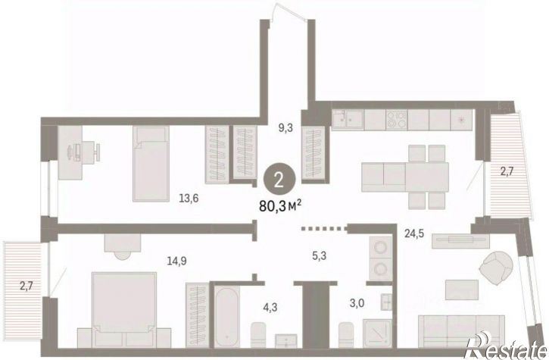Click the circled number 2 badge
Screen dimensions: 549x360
pyautogui.click(x=279, y=180)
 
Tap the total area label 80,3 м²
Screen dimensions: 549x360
pyautogui.click(x=280, y=206)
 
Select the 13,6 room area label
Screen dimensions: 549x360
pyautogui.click(x=189, y=199)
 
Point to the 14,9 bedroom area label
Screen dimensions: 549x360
pyautogui.click(x=176, y=261)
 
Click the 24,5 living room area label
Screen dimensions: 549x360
pyautogui.click(x=414, y=233)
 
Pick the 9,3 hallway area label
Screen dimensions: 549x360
pyautogui.click(x=285, y=128)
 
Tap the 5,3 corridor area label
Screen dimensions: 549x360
pyautogui.click(x=319, y=256)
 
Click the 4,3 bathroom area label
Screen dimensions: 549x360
pyautogui.click(x=271, y=308)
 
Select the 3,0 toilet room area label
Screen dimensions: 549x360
pyautogui.click(x=357, y=303)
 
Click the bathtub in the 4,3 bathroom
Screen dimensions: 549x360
pyautogui.click(x=227, y=318)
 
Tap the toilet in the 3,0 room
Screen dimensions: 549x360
pyautogui.click(x=346, y=334)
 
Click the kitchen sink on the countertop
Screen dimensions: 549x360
pyautogui.click(x=348, y=120)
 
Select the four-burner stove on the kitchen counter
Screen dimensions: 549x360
pyautogui.click(x=397, y=120)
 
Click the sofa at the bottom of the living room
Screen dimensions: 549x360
pyautogui.click(x=461, y=331)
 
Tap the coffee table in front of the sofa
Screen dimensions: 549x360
pyautogui.click(x=462, y=290)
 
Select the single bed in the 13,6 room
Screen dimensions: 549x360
pyautogui.click(x=151, y=164)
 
